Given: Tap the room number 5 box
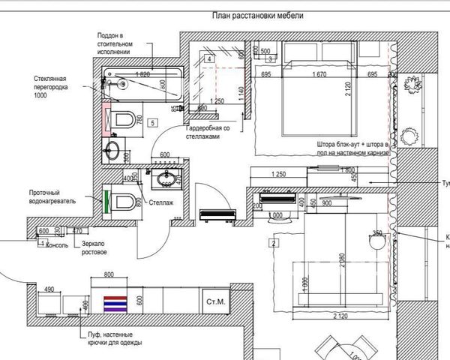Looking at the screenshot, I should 152,121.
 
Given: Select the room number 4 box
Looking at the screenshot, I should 209,58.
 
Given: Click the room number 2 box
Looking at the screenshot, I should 274,243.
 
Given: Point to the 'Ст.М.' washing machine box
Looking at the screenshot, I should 214,302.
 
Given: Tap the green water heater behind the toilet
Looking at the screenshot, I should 106,201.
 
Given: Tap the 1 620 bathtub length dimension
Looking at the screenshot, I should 145,73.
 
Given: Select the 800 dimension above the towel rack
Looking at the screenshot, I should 109,274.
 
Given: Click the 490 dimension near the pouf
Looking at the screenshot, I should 50,289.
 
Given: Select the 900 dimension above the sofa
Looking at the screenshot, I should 327,203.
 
